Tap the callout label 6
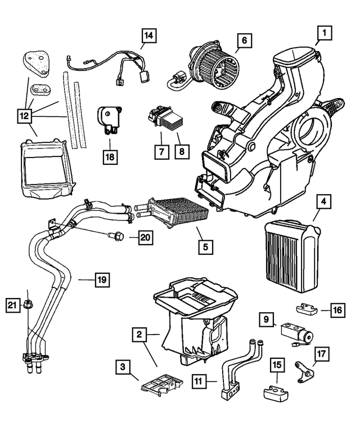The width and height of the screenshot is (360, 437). pos(244,41)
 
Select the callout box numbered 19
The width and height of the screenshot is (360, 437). pos(101,278)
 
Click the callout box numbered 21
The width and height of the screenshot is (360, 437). pos(11,305)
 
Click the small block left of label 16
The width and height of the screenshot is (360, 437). pos(307,309)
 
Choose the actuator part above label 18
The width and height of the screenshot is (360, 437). pos(110,119)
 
